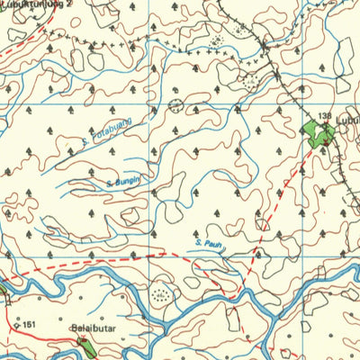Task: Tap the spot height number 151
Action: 30,324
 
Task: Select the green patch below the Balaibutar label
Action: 85,346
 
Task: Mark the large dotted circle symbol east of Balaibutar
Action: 162,293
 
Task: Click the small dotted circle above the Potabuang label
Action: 174,106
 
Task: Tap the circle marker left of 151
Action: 16,324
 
